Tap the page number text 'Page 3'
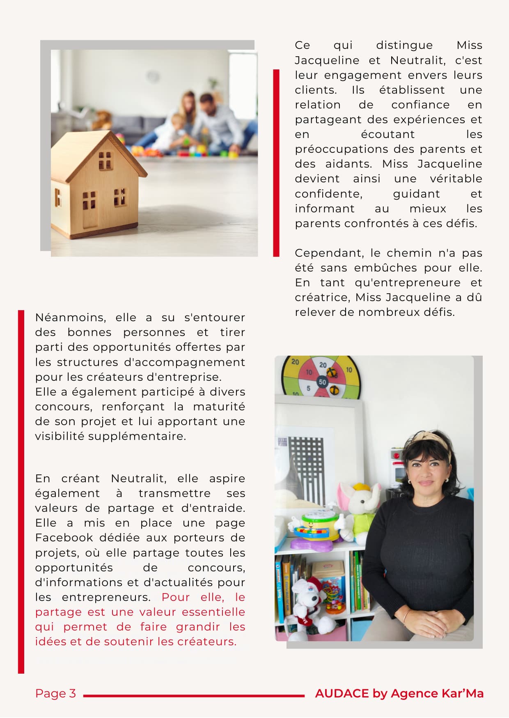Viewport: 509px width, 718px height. coord(55,693)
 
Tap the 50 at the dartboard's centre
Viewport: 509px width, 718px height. coord(322,382)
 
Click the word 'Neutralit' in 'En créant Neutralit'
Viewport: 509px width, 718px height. coord(138,479)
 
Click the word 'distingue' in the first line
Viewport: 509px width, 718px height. coord(404,45)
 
